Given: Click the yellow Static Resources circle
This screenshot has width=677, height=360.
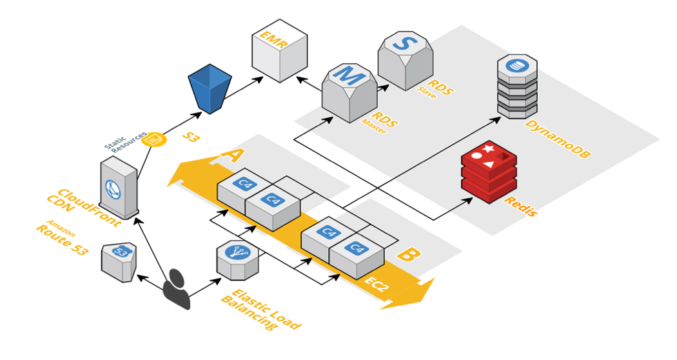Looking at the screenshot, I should click(155, 139).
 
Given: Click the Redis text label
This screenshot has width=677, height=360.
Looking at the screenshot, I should click(520, 205).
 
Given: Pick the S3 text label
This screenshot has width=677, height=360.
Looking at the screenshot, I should click(193, 137).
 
